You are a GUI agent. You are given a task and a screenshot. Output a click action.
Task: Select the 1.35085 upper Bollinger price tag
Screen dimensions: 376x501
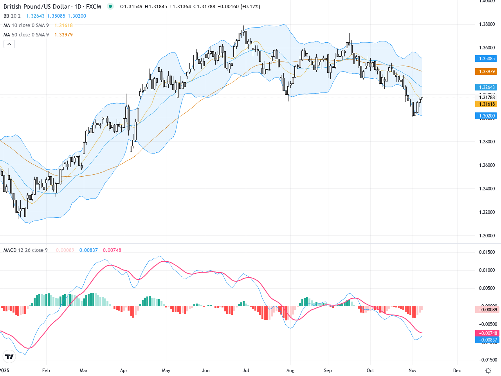tap(487, 59)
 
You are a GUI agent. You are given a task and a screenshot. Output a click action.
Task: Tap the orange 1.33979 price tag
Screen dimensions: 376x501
tap(487, 72)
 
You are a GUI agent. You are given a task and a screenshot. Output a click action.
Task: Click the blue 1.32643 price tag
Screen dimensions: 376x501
tap(487, 87)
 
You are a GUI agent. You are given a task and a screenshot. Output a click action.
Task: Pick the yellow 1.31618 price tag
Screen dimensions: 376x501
tap(487, 104)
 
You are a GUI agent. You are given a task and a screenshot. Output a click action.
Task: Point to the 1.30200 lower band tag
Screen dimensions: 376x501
tap(487, 116)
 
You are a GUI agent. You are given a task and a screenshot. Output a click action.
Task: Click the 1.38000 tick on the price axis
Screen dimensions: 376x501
tap(487, 24)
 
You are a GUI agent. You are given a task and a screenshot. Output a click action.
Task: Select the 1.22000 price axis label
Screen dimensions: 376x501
tap(487, 212)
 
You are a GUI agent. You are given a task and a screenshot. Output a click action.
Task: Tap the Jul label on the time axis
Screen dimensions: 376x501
tap(246, 371)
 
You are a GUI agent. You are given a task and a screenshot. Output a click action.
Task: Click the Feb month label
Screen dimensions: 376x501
tap(46, 371)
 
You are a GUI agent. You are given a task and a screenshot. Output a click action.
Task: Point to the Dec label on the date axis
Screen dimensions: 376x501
tap(457, 371)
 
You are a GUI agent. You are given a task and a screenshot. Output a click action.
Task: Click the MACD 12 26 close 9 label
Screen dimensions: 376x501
tap(25, 250)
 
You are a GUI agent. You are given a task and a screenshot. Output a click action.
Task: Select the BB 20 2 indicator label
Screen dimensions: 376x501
tap(12, 16)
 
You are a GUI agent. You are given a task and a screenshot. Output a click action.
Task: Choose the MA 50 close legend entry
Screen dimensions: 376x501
tap(26, 35)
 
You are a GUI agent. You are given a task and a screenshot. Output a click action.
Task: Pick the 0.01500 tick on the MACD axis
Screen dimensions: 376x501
tap(487, 252)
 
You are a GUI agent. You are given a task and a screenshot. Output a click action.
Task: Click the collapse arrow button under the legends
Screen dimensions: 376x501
tap(9, 44)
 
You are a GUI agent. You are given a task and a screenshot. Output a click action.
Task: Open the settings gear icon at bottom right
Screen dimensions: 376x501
tap(488, 371)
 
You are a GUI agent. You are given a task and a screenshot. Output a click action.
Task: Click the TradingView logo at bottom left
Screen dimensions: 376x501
tap(9, 356)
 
